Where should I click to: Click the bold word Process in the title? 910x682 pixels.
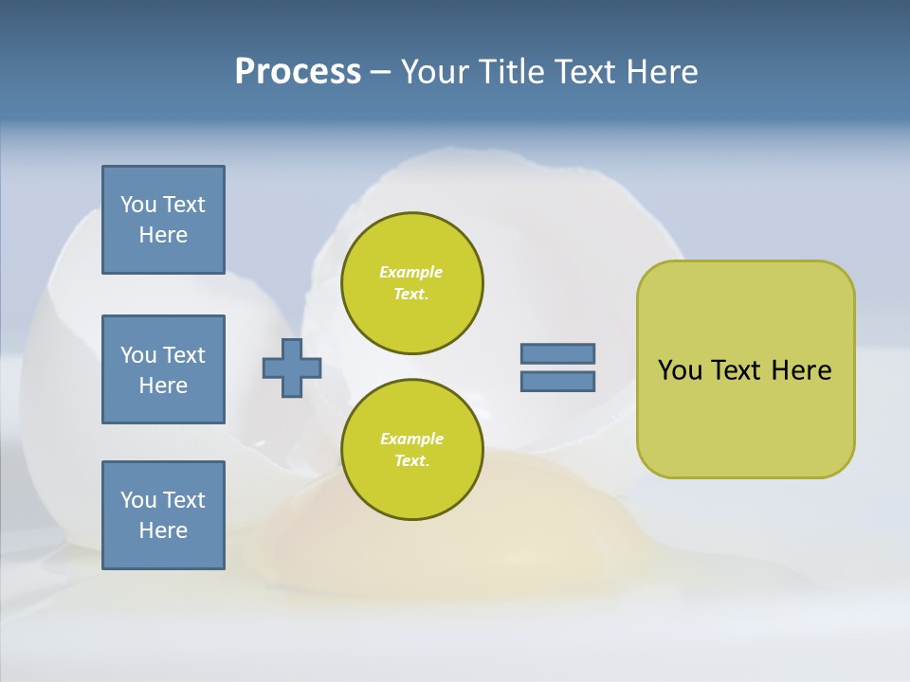298,72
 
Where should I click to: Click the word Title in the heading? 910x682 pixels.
512,72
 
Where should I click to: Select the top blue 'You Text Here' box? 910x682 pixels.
163,220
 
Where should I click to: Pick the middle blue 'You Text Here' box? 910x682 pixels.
163,369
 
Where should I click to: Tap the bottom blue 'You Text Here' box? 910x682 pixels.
163,515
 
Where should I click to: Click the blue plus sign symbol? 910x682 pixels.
292,368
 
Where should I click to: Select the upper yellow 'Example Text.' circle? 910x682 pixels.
411,283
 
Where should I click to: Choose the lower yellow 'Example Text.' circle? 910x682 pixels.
411,450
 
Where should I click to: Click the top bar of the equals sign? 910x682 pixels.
557,353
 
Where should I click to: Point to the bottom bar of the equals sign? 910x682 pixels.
557,382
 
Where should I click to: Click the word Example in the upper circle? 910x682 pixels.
411,272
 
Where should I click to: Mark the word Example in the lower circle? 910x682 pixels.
411,439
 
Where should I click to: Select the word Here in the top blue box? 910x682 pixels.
163,235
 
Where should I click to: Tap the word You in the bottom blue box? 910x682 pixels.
138,500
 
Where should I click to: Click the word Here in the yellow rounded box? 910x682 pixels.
801,370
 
